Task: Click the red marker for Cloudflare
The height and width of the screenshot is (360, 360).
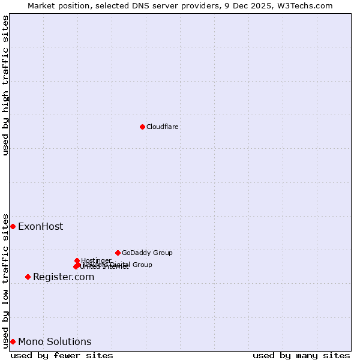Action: [142, 127]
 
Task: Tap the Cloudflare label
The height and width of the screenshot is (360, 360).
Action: [163, 127]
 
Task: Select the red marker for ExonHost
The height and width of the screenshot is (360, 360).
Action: [13, 226]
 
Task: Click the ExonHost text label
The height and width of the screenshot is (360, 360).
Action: [40, 226]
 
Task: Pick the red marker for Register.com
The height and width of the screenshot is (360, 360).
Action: [28, 277]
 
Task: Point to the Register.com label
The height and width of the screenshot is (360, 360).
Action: [64, 277]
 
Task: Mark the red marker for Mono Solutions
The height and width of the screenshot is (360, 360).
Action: [13, 341]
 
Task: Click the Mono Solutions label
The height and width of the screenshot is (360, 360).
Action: [55, 341]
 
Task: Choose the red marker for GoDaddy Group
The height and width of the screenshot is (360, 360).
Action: [118, 253]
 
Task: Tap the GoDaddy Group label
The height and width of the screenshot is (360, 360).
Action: [147, 253]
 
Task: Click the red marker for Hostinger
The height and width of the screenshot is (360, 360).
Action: [77, 260]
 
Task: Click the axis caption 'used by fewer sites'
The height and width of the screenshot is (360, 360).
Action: [62, 355]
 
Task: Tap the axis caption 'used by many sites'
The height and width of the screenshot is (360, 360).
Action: [301, 355]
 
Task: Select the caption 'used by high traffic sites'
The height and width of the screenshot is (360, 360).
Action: [6, 85]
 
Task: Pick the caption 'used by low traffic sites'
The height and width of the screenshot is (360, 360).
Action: [6, 280]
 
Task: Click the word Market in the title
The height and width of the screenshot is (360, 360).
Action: [43, 5]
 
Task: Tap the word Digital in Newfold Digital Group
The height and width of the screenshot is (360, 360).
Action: [119, 265]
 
